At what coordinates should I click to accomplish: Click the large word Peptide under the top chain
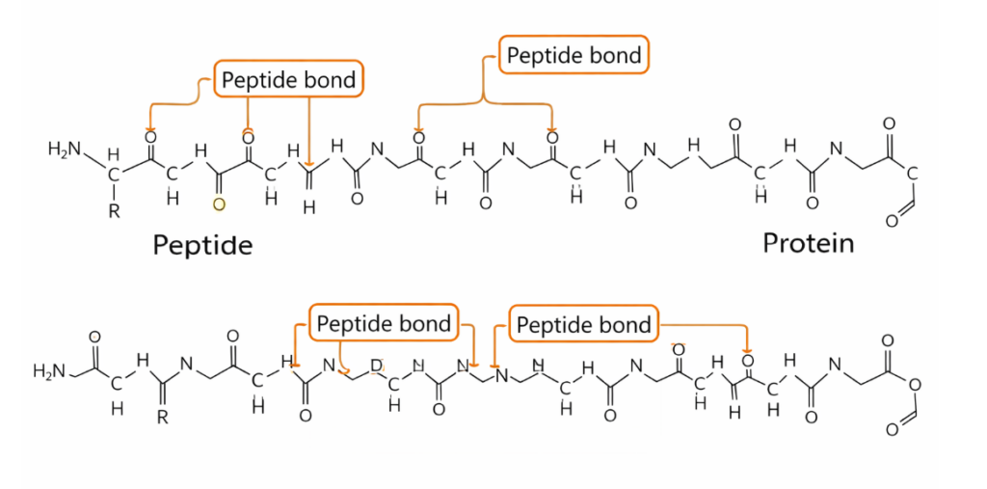click(202, 245)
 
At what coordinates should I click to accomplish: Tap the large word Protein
click(808, 242)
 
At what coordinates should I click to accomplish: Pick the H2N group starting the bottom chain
click(51, 370)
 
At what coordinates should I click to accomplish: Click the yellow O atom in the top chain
click(219, 204)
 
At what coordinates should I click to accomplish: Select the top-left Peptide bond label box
click(288, 79)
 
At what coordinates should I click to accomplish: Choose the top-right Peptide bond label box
click(574, 55)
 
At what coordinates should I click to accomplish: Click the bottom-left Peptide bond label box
click(384, 323)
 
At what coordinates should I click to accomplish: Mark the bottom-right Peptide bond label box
click(584, 325)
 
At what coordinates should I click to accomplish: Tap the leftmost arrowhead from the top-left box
click(149, 131)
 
